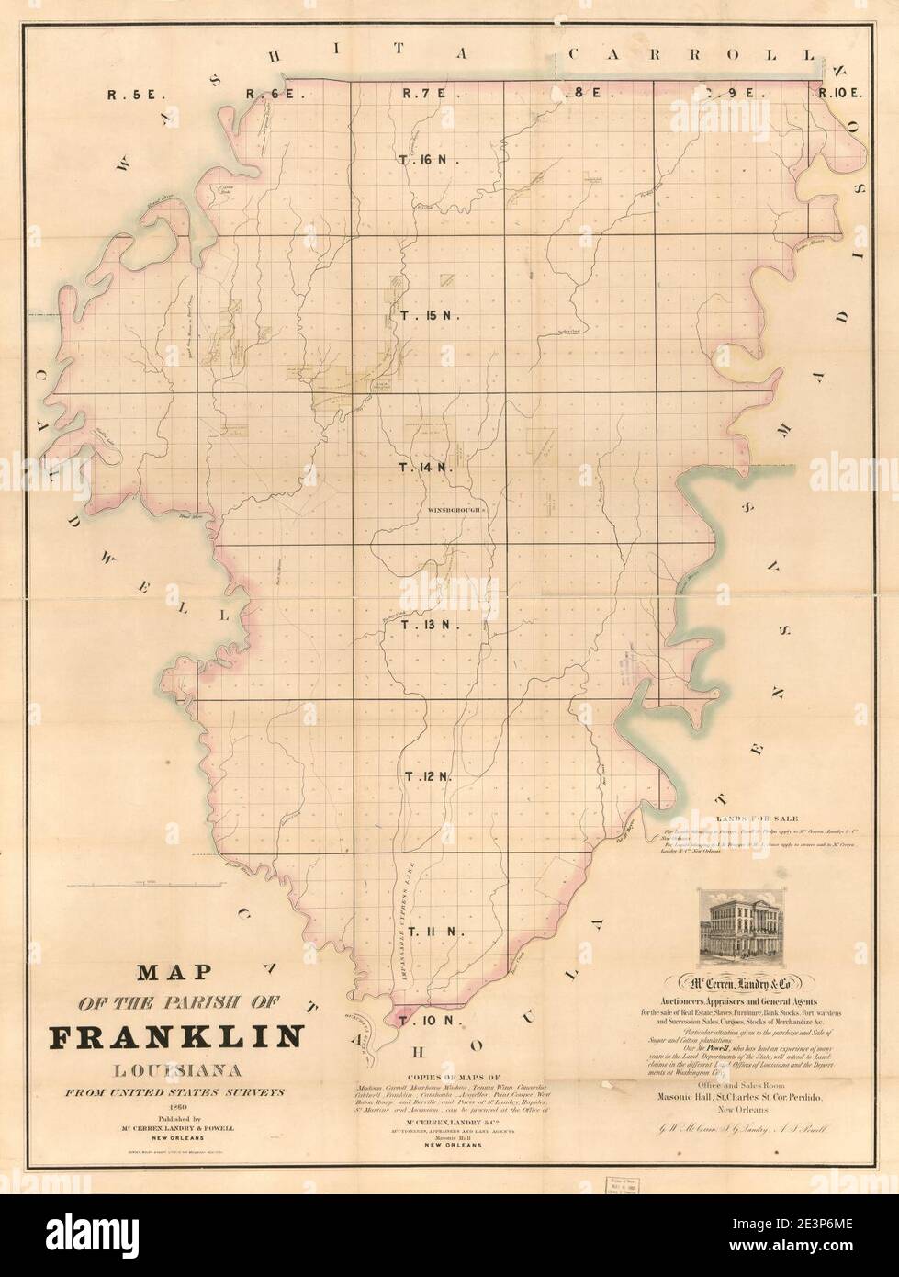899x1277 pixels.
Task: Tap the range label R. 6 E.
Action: click(x=268, y=93)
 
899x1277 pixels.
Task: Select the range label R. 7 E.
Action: click(x=424, y=93)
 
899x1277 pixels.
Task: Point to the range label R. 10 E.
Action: click(x=840, y=93)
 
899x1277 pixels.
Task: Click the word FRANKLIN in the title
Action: click(x=174, y=1035)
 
